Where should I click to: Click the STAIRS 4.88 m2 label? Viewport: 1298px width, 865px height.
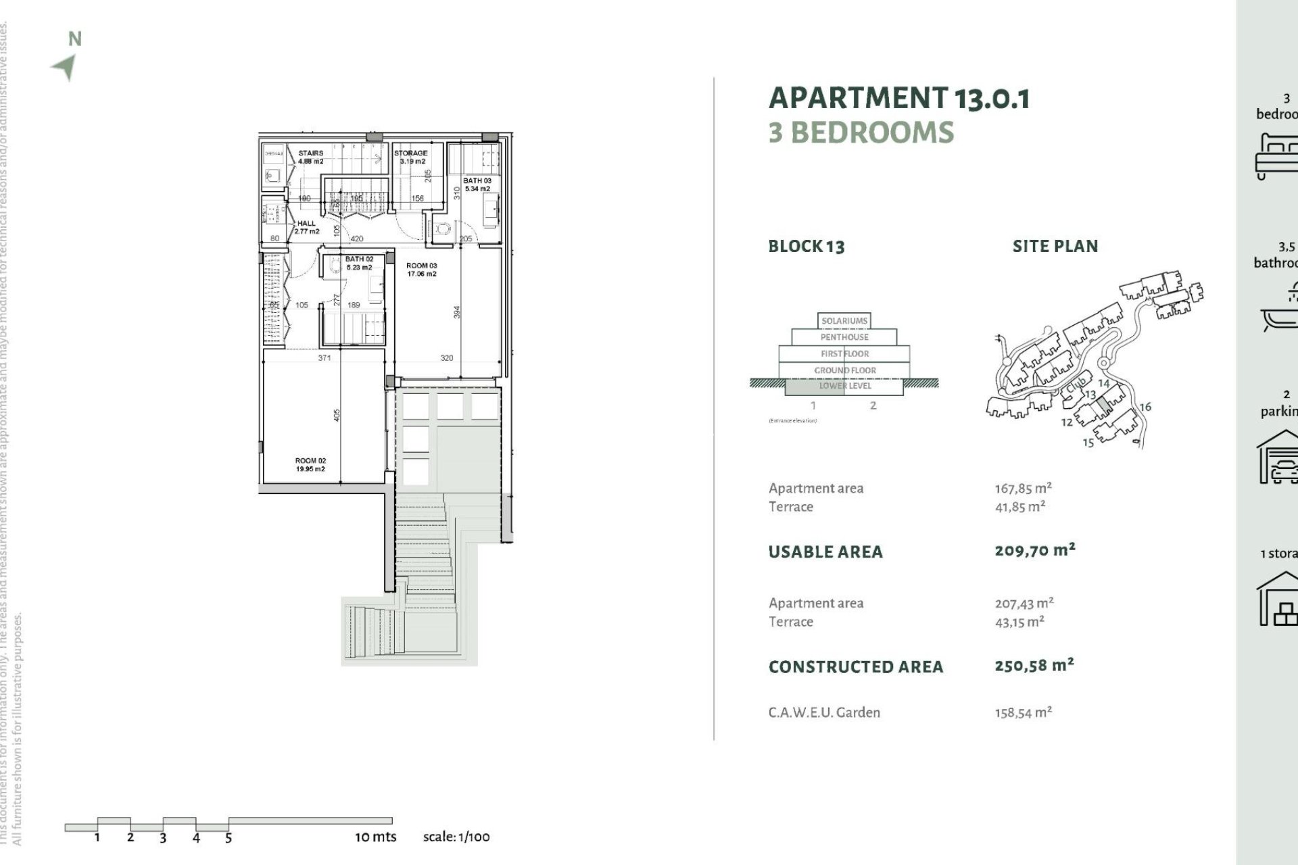[x=311, y=157]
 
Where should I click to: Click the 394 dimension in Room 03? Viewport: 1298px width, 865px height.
[x=457, y=312]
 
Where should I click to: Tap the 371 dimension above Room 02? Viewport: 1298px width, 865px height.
[x=324, y=357]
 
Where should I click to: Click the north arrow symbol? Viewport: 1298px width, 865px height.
[x=66, y=66]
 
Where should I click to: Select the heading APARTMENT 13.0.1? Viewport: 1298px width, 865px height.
[x=899, y=98]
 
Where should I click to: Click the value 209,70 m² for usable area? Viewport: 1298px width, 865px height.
[x=1034, y=550]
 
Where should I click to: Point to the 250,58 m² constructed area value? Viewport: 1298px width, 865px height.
[x=1034, y=665]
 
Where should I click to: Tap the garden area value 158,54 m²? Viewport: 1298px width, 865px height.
[x=1023, y=712]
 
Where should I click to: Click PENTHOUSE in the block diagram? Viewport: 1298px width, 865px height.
[x=844, y=337]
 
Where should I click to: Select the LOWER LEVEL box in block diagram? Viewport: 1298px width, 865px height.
[x=844, y=386]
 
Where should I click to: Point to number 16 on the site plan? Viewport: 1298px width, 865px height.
[x=1145, y=407]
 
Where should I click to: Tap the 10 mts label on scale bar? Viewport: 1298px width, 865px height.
[x=375, y=837]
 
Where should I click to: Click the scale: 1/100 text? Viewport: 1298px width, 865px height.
[x=456, y=837]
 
